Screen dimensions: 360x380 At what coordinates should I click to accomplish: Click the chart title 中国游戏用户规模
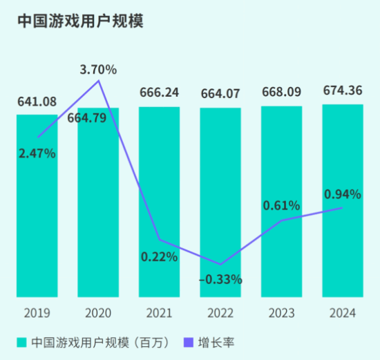[x=79, y=21]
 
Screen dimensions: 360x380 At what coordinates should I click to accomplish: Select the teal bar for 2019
[x=37, y=221]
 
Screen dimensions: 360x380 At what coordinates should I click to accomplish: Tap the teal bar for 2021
[x=160, y=180]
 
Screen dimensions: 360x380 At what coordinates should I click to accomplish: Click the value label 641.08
[x=37, y=102]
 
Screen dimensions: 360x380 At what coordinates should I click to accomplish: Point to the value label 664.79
[x=87, y=118]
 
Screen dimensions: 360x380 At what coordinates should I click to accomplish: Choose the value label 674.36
[x=343, y=92]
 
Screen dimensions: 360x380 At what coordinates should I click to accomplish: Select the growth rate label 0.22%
[x=159, y=256]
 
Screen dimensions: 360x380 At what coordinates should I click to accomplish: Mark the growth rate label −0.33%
[x=220, y=279]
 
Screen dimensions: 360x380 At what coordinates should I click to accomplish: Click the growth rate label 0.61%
[x=281, y=205]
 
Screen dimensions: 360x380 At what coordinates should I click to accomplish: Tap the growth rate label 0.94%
[x=343, y=194]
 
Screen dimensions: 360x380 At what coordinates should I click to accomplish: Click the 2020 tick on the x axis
[x=98, y=313]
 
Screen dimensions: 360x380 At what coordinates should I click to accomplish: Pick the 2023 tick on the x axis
[x=281, y=313]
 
